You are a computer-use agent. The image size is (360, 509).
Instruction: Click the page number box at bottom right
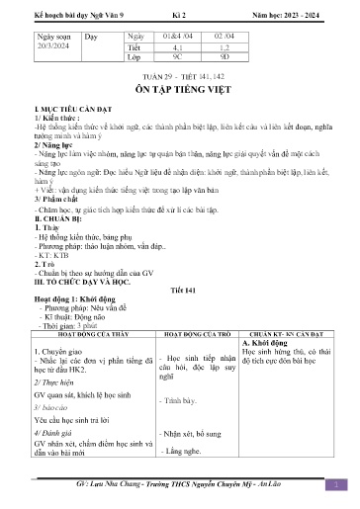(x=336, y=483)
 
